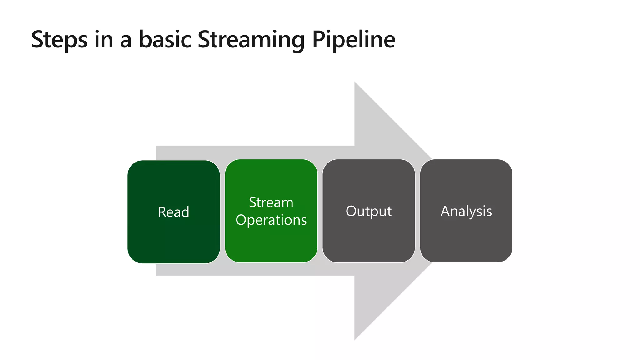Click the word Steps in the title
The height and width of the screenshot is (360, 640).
pyautogui.click(x=59, y=40)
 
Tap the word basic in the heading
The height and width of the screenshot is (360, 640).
pyautogui.click(x=165, y=40)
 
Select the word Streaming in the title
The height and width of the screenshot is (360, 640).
pyautogui.click(x=251, y=40)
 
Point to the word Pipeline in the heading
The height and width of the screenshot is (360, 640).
pyautogui.click(x=354, y=40)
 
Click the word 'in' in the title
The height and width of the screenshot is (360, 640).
pyautogui.click(x=103, y=40)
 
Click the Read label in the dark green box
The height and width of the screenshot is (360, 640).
pyautogui.click(x=173, y=212)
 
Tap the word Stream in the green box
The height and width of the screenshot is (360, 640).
pyautogui.click(x=271, y=202)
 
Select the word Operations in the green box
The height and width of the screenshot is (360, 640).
pyautogui.click(x=271, y=220)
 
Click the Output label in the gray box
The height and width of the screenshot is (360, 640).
pyautogui.click(x=368, y=211)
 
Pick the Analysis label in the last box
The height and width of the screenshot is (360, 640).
pyautogui.click(x=466, y=211)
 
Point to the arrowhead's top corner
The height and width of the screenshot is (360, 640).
pyautogui.click(x=355, y=83)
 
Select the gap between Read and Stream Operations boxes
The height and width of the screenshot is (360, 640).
pyautogui.click(x=222, y=211)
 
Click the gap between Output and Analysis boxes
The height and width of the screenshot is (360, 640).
pyautogui.click(x=417, y=211)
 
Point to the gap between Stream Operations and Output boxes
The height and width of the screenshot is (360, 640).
pyautogui.click(x=320, y=211)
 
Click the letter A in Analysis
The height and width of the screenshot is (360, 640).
pyautogui.click(x=446, y=211)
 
